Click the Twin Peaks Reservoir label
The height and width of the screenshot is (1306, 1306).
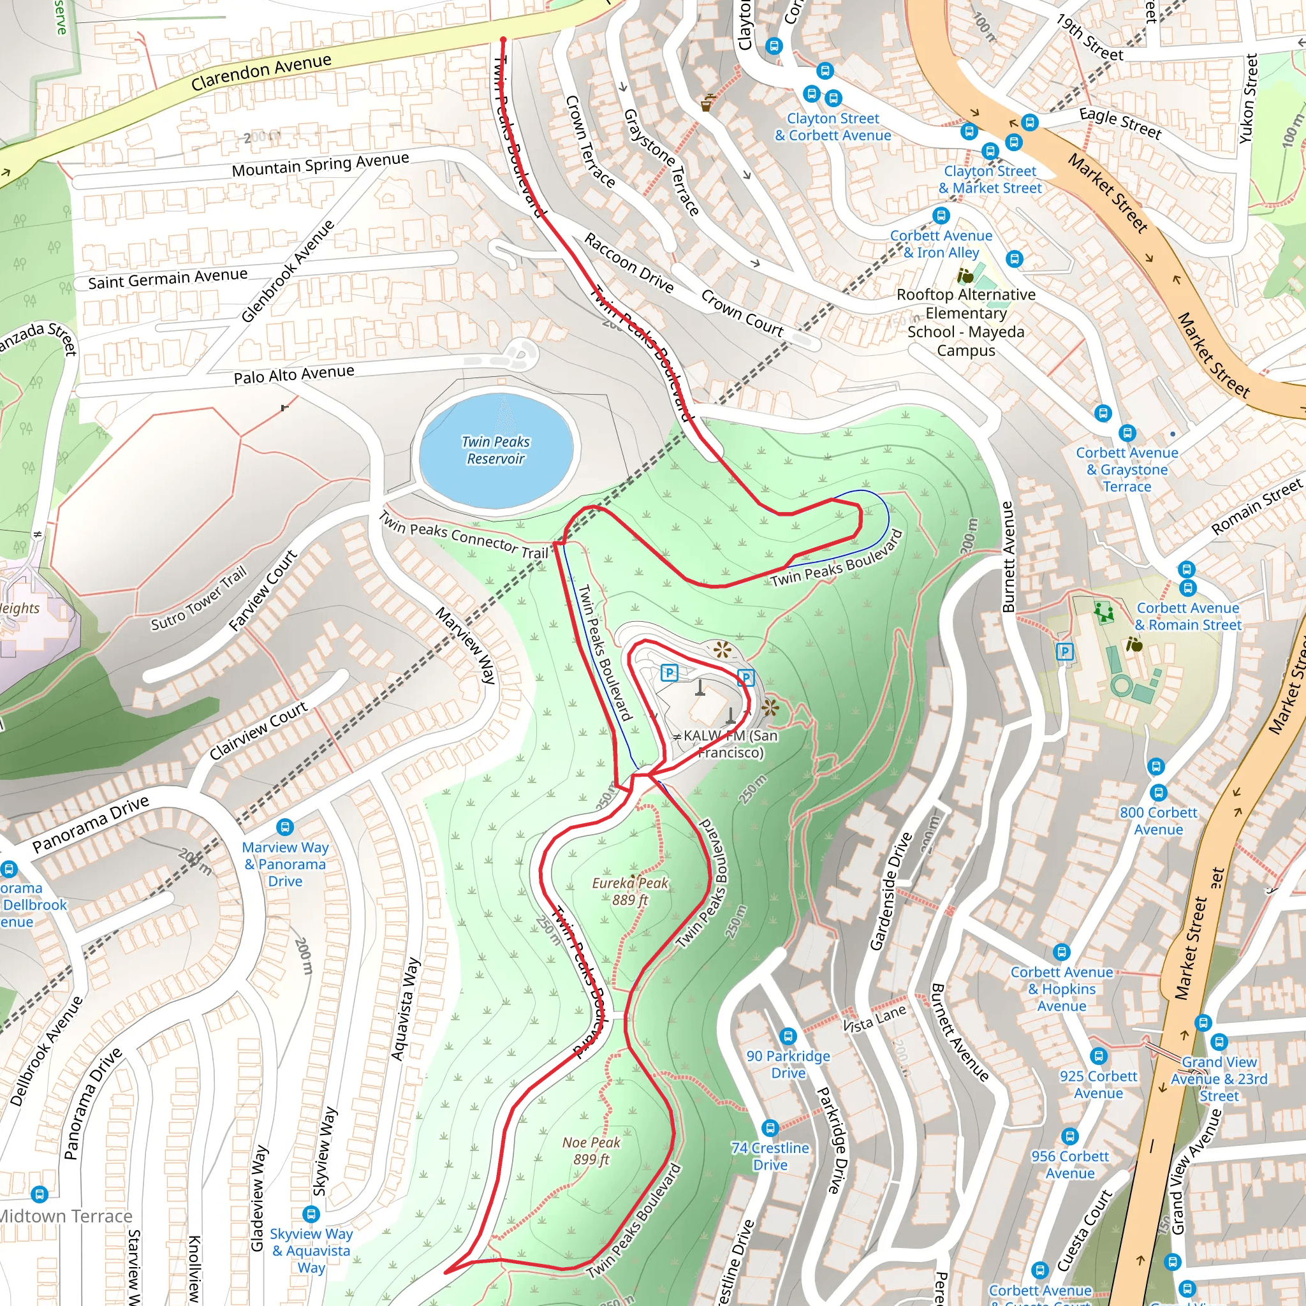tap(495, 450)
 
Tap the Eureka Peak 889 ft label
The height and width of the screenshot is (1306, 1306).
tap(629, 891)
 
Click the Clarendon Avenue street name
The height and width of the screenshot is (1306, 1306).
tap(261, 72)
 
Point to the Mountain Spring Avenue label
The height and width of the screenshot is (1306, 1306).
tap(319, 165)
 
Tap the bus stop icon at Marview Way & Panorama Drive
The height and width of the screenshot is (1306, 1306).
tap(285, 826)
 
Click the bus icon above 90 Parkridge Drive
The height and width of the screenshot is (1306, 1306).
tap(788, 1036)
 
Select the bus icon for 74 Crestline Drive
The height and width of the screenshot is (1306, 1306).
tap(770, 1127)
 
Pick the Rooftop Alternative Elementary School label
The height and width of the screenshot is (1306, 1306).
tap(965, 322)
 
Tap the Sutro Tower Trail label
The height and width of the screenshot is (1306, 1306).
tap(198, 599)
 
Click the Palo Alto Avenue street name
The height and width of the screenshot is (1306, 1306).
tap(293, 374)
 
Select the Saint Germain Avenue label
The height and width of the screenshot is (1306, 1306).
tap(168, 278)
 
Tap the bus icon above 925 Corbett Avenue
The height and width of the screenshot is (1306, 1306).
tap(1099, 1056)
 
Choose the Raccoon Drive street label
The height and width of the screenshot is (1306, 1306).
tap(629, 263)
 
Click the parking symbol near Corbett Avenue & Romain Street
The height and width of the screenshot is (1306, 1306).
tap(1065, 652)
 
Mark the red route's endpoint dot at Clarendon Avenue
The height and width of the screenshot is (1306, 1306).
tap(503, 41)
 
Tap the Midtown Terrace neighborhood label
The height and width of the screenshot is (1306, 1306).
tap(66, 1216)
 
